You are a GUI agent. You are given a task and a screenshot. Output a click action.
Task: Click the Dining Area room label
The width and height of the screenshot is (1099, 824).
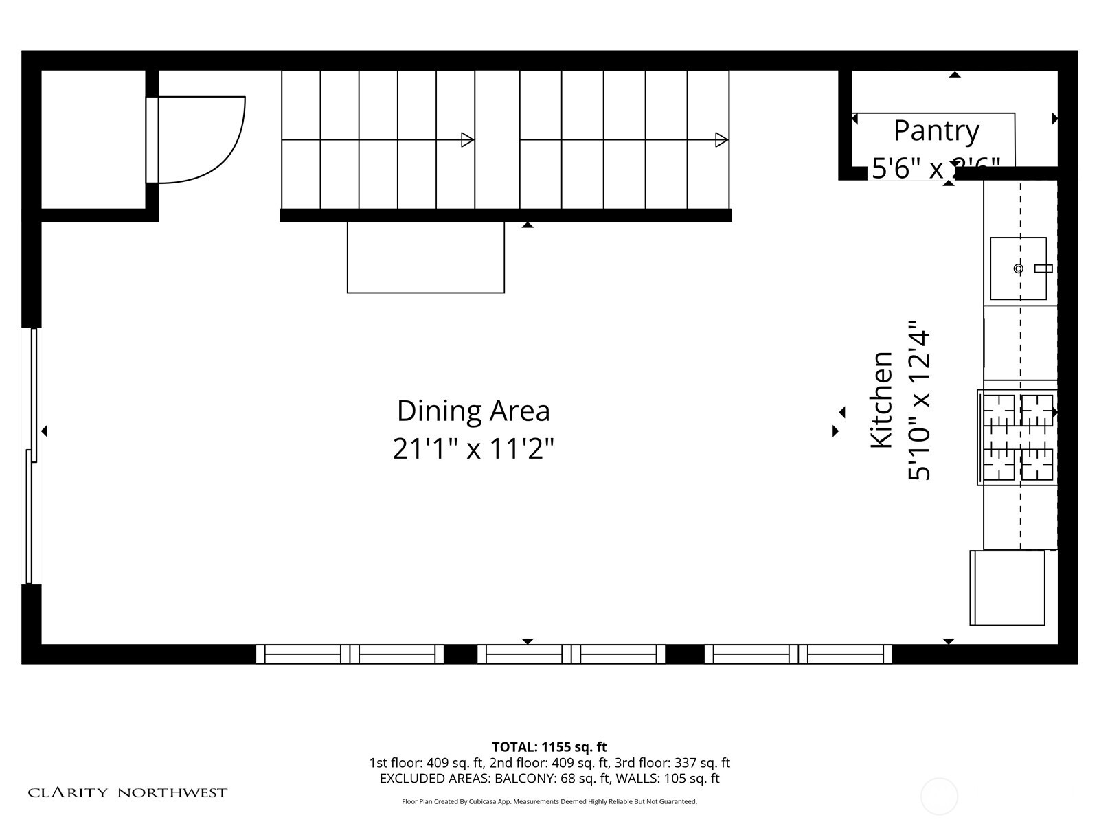[x=473, y=411]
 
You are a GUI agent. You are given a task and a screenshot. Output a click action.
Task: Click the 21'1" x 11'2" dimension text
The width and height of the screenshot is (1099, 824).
[x=473, y=449]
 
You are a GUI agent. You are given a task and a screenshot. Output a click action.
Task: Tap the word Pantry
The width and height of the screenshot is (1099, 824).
[x=936, y=130]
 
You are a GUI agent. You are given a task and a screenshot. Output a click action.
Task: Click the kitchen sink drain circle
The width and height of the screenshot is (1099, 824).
[x=1019, y=268]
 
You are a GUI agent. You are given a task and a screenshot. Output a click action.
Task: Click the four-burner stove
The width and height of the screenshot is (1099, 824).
[x=1017, y=437]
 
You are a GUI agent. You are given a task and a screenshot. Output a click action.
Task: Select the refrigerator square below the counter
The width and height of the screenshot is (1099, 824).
[x=1007, y=588]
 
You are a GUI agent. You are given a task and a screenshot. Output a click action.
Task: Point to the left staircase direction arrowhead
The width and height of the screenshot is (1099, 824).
[x=468, y=140]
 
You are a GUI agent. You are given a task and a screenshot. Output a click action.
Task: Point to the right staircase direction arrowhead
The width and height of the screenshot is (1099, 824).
[x=722, y=140]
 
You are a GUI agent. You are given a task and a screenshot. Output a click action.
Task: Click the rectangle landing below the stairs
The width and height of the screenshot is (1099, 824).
[x=426, y=257]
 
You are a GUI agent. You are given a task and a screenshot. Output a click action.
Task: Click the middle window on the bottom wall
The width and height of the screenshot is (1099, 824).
[x=571, y=654]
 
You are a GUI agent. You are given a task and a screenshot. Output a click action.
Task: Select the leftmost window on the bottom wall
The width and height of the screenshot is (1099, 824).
[x=350, y=654]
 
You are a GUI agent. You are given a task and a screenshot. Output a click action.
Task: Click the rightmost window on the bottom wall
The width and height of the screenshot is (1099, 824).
[x=798, y=654]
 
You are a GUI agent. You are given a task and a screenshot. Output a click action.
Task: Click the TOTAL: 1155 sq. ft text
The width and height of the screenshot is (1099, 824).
[x=549, y=747]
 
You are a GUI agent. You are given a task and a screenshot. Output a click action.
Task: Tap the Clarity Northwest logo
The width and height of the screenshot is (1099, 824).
[x=128, y=793]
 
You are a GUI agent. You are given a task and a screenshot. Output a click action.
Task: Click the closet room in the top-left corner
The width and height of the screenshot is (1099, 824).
[x=93, y=139]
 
